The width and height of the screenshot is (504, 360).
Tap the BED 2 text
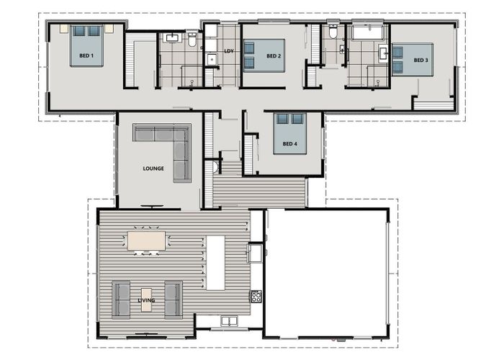(x=274, y=56)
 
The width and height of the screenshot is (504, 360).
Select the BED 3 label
(x=421, y=60)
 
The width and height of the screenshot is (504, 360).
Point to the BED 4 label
(x=289, y=144)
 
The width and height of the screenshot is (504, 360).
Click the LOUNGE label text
(x=153, y=168)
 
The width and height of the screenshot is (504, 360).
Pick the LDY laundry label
(x=229, y=51)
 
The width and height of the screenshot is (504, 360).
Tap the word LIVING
(x=147, y=300)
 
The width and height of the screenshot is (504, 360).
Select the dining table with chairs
(x=146, y=241)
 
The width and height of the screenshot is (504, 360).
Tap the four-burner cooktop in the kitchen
(x=256, y=296)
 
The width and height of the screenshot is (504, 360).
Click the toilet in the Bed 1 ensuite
(x=192, y=40)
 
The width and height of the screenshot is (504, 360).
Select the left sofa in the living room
(x=120, y=299)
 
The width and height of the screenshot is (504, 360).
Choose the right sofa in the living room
(x=174, y=299)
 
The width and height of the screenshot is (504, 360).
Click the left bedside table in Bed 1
(x=64, y=29)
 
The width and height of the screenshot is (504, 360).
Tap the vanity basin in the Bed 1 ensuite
(x=173, y=37)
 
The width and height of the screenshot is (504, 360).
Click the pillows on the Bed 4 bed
(x=289, y=119)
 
